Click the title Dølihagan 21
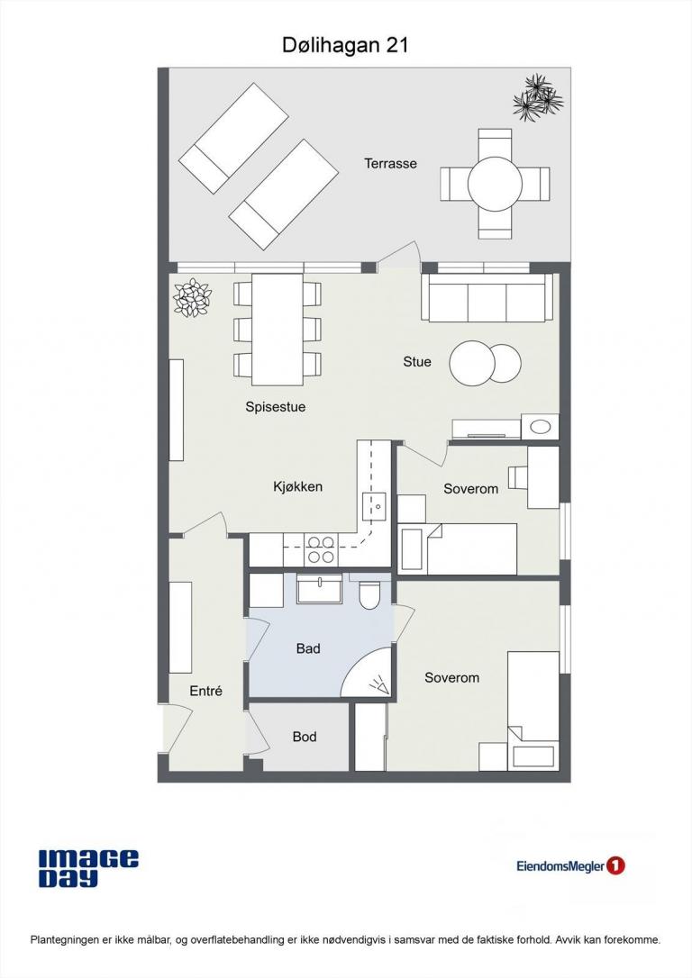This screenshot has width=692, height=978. click(x=345, y=45)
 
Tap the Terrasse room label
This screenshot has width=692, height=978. click(x=391, y=163)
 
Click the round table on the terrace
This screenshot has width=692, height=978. click(x=495, y=184)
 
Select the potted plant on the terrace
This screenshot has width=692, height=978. click(x=538, y=97)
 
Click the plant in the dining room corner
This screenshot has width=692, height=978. click(x=192, y=297)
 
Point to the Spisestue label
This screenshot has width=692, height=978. click(x=275, y=407)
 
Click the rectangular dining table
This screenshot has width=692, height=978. click(x=278, y=330)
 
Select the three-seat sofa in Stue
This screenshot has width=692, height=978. click(x=487, y=297)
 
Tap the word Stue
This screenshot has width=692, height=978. click(x=417, y=362)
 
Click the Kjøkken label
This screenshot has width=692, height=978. click(x=297, y=486)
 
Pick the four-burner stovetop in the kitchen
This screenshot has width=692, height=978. click(x=321, y=549)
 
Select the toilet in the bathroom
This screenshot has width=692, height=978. click(x=370, y=594)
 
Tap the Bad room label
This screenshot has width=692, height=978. click(x=308, y=648)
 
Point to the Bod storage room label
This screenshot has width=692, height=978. click(x=305, y=737)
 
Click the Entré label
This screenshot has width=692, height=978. click(x=206, y=691)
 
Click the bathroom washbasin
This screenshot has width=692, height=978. click(x=320, y=590)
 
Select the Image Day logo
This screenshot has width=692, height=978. click(x=88, y=868)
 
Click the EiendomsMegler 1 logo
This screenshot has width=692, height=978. click(x=570, y=865)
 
